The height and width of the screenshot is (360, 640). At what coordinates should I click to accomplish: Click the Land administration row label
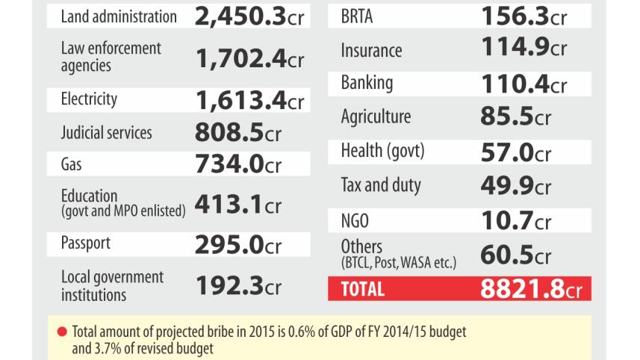coord(118,16)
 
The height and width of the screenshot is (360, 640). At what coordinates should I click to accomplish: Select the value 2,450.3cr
coord(249,16)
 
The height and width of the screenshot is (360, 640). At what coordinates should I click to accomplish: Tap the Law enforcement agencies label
coord(111,57)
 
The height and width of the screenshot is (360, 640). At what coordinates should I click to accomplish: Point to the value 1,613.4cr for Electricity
coord(249,99)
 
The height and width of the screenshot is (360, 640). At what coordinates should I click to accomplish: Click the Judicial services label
coord(106,132)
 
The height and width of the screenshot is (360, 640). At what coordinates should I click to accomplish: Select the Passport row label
coord(86,243)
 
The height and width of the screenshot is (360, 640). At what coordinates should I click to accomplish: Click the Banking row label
coord(367,82)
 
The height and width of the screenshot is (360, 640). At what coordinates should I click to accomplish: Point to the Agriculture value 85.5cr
coord(515,117)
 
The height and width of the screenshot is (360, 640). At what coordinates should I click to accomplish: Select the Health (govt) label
coord(382,150)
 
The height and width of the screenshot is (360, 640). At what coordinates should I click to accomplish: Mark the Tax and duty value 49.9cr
coord(515,184)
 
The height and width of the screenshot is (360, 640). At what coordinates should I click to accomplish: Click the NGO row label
coord(355,220)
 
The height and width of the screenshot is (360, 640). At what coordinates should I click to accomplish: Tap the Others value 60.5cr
coord(515,253)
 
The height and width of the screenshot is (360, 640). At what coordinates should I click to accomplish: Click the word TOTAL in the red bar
coord(362,289)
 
